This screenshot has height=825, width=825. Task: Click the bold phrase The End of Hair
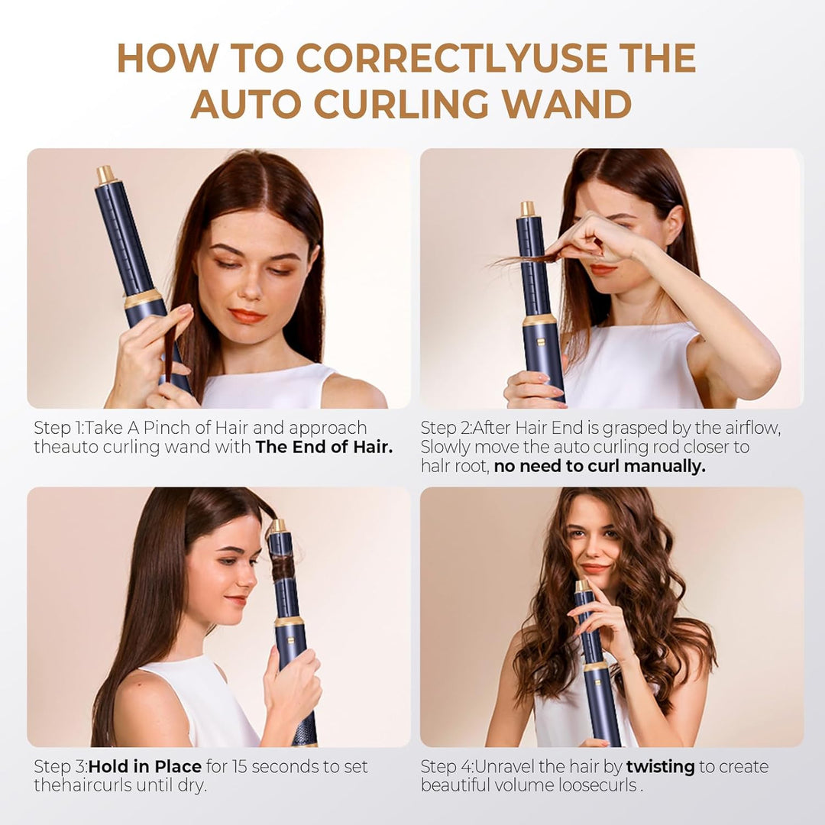[324, 448]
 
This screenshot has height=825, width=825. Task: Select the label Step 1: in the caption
[59, 428]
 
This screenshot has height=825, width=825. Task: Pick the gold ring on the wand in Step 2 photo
[540, 319]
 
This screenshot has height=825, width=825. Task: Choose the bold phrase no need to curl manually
[600, 466]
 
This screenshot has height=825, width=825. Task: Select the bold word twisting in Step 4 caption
[660, 766]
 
